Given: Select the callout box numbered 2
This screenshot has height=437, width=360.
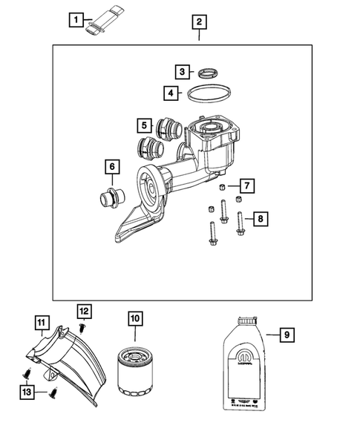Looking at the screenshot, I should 198,22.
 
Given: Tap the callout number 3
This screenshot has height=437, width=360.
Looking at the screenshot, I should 183,72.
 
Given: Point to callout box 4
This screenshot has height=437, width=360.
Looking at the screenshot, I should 171,93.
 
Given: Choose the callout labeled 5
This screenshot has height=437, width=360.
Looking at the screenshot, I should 144,125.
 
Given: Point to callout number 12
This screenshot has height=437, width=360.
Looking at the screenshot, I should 84,309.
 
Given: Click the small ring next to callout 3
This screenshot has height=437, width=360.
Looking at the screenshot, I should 209,72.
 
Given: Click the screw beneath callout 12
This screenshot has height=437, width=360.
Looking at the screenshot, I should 83,327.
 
